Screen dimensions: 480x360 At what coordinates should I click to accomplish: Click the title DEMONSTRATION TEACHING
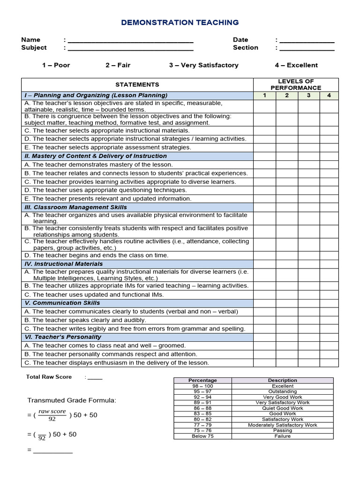(x=180, y=22)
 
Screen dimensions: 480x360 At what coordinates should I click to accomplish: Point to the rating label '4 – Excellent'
(x=296, y=65)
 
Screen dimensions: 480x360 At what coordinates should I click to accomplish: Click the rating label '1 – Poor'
(x=56, y=65)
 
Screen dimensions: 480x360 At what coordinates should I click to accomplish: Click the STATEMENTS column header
(x=137, y=85)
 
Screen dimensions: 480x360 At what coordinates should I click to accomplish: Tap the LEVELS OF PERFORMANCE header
(x=296, y=85)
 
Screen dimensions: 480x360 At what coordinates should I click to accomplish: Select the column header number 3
(x=308, y=96)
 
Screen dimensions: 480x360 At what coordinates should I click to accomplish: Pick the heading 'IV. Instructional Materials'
(x=63, y=264)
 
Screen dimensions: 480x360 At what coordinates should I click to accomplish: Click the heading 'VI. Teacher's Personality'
(x=63, y=337)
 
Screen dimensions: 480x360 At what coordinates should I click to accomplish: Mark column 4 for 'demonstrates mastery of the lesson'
(x=329, y=165)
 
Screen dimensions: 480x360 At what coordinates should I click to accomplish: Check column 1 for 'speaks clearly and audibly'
(x=264, y=320)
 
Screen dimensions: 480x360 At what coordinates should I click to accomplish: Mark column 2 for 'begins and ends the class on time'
(x=286, y=255)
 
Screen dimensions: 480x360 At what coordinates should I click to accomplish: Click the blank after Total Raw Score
(x=95, y=377)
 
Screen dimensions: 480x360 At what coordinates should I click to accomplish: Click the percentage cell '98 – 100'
(x=203, y=386)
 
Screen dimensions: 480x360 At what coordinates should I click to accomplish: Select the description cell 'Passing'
(x=283, y=430)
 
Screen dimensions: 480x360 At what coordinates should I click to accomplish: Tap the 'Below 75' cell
(x=203, y=436)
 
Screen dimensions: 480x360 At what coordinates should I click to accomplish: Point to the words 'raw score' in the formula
(x=52, y=411)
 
